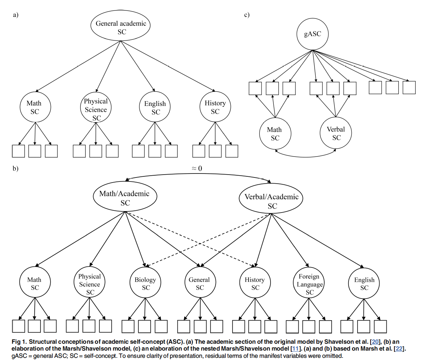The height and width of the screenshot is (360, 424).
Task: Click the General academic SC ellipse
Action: coord(121,27)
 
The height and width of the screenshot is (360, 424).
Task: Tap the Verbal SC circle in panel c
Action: coord(336,133)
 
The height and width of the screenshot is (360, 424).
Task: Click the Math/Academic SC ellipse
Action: coord(125,198)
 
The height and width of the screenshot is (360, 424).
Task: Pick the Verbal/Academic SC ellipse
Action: coord(272,201)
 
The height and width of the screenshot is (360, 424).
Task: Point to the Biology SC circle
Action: coord(145,284)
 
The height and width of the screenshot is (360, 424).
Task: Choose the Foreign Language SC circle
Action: coord(309,284)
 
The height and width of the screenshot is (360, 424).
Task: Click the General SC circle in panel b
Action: coord(199,284)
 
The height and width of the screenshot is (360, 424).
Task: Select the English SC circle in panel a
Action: coord(155,108)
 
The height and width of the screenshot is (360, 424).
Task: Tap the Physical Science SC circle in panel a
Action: coord(96,109)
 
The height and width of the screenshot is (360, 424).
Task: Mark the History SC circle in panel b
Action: coord(255,284)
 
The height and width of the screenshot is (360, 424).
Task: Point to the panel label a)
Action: coord(16,15)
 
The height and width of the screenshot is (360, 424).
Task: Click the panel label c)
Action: coord(247,15)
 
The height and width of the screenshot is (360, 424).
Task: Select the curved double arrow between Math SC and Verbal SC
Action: coord(306,155)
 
